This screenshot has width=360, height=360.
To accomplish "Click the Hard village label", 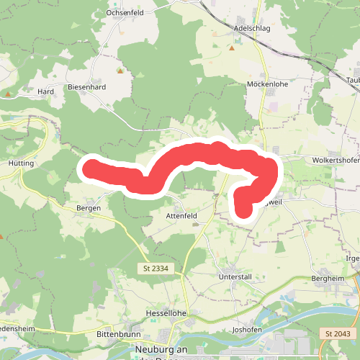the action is tap(46, 92).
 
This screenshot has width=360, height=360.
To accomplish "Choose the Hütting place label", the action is tap(21, 163).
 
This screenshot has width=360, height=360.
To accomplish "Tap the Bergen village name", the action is tap(88, 207).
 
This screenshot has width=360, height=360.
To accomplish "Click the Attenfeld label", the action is tap(181, 215).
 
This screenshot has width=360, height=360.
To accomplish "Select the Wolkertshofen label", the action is tap(335, 160).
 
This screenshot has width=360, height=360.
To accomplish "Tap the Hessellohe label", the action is tap(165, 314).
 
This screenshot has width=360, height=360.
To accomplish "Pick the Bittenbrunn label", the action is tap(116, 335).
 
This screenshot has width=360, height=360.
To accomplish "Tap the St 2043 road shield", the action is tap(337, 333).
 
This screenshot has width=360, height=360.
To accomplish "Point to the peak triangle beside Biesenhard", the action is tap(120, 71).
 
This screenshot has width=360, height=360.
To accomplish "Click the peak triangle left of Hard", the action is tap(8, 93).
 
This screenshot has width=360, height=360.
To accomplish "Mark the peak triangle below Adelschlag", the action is tap(232, 49).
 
